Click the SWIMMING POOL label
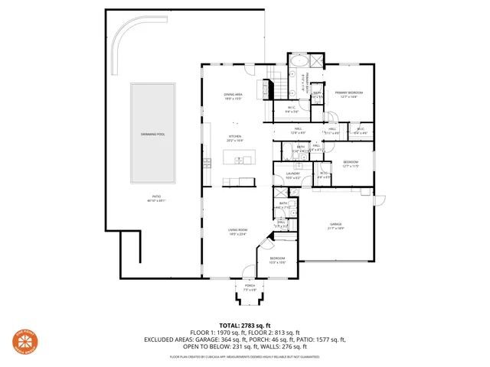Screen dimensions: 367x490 (152, 134)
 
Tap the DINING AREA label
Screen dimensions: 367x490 (234, 95)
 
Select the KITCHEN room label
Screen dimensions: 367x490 (234, 138)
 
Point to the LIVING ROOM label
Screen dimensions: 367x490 (237, 230)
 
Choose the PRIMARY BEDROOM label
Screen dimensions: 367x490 (349, 94)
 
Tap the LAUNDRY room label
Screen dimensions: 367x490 (292, 176)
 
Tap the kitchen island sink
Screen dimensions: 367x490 (240, 160)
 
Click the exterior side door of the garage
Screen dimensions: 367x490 (375, 203)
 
